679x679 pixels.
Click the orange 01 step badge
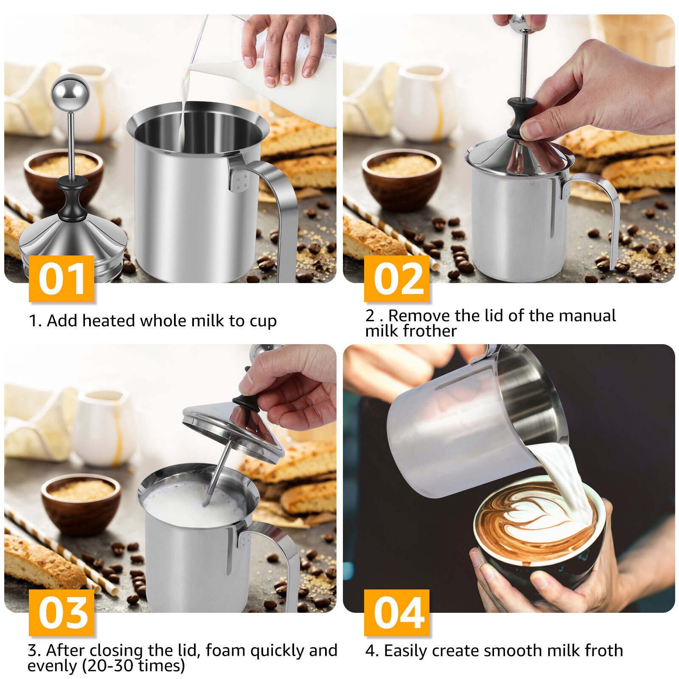tap(62, 279)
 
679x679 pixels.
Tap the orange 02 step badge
tap(397, 279)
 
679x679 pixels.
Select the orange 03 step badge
tap(62, 612)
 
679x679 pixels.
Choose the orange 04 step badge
tap(397, 612)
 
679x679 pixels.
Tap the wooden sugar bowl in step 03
tap(81, 505)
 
